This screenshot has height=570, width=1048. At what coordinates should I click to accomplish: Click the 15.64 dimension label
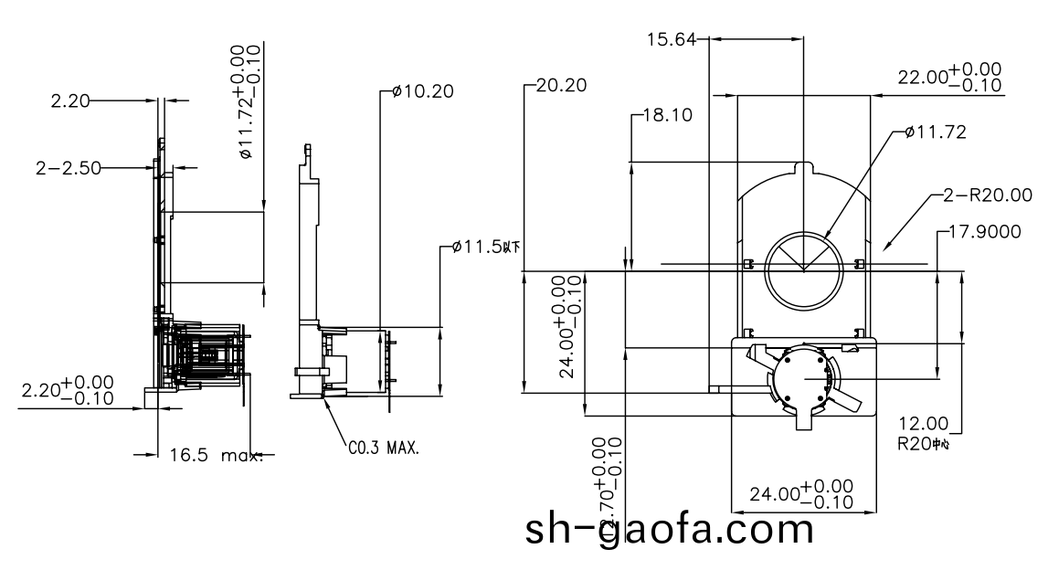tap(672, 39)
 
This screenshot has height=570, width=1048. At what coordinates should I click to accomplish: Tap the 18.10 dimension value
tap(668, 116)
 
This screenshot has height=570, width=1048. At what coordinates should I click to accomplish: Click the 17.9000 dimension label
tap(985, 232)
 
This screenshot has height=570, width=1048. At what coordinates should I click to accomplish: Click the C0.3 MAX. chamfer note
tap(385, 449)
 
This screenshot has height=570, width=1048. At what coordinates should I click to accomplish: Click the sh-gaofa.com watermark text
tap(669, 528)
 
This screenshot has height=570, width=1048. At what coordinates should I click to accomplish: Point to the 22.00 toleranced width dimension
tap(948, 78)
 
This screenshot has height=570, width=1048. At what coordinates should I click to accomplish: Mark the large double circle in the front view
tap(803, 270)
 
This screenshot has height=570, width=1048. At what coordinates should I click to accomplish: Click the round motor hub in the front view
tap(804, 377)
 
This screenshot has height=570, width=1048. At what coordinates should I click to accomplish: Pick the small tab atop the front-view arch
tap(803, 169)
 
